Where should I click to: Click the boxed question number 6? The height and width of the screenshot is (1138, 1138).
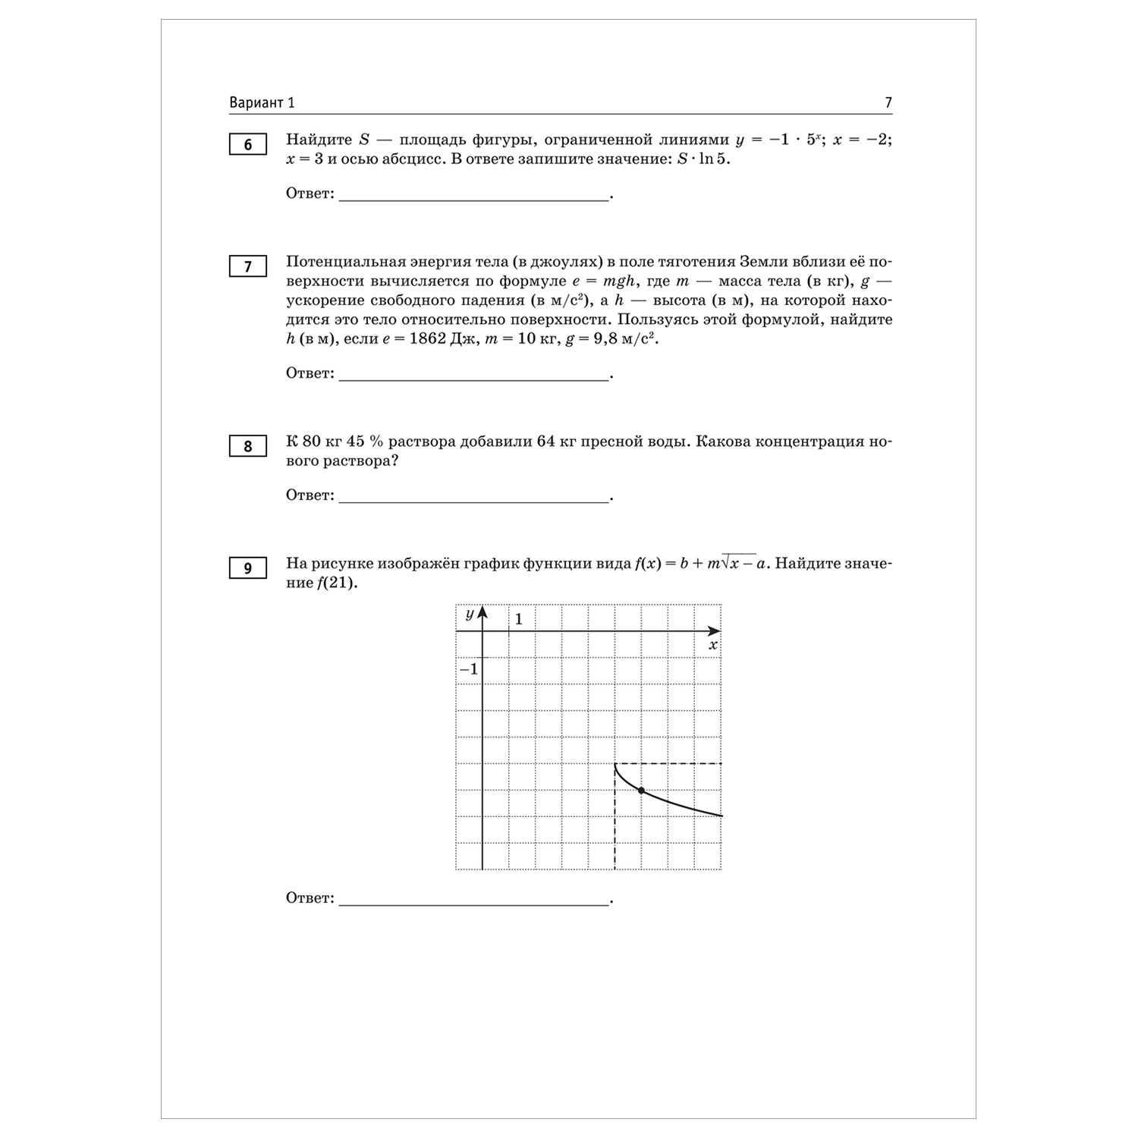(x=247, y=144)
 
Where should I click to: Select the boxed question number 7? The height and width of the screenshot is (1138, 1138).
(x=247, y=266)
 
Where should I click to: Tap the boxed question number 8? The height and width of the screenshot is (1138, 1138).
(x=247, y=446)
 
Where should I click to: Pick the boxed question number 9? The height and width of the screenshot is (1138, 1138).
(x=247, y=568)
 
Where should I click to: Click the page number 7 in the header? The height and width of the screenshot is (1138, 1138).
(x=888, y=103)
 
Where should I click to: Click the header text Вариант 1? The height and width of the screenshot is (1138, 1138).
(x=262, y=103)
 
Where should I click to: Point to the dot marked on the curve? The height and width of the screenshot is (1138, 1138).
(x=641, y=791)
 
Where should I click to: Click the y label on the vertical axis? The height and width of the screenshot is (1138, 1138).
(x=470, y=614)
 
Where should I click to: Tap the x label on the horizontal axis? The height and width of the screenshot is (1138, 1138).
(x=712, y=645)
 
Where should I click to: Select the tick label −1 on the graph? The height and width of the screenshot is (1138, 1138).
(x=469, y=669)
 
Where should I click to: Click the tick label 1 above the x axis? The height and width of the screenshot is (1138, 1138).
(x=519, y=619)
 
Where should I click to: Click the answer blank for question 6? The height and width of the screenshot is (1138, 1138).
(x=473, y=196)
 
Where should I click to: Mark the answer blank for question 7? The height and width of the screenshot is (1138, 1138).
(x=473, y=376)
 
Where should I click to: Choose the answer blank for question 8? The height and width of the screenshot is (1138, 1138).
(x=473, y=498)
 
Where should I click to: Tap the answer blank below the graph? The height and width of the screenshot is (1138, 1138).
(x=473, y=901)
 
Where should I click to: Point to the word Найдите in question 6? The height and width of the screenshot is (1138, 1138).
(x=319, y=140)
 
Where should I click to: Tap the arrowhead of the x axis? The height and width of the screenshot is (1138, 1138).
(x=714, y=631)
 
